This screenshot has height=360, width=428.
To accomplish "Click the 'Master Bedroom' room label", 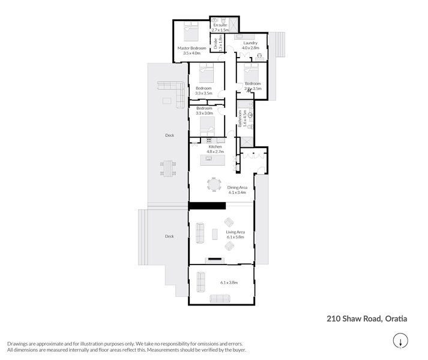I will tap(191, 47).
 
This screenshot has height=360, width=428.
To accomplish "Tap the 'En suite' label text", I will tap(219, 25).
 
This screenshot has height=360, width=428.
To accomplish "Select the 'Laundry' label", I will tap(250, 43).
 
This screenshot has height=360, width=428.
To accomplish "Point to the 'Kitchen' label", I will tap(215, 146).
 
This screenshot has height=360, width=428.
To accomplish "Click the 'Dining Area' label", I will tap(237, 188).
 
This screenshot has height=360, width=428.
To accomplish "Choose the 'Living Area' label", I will tap(235, 232).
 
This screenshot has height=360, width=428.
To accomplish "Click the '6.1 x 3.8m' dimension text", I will tap(229, 282).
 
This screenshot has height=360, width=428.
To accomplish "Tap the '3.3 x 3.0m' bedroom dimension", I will tap(204, 113).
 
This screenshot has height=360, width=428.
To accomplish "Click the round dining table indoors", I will tap(214, 184).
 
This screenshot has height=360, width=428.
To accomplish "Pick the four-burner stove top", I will tap(208, 140).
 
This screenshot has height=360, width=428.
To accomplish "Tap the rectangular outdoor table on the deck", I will tap(169, 167).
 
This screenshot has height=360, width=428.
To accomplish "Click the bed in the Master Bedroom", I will tap(191, 31).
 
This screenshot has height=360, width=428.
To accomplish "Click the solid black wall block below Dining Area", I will tap(206, 206).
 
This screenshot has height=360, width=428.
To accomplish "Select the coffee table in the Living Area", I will tap(215, 233).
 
